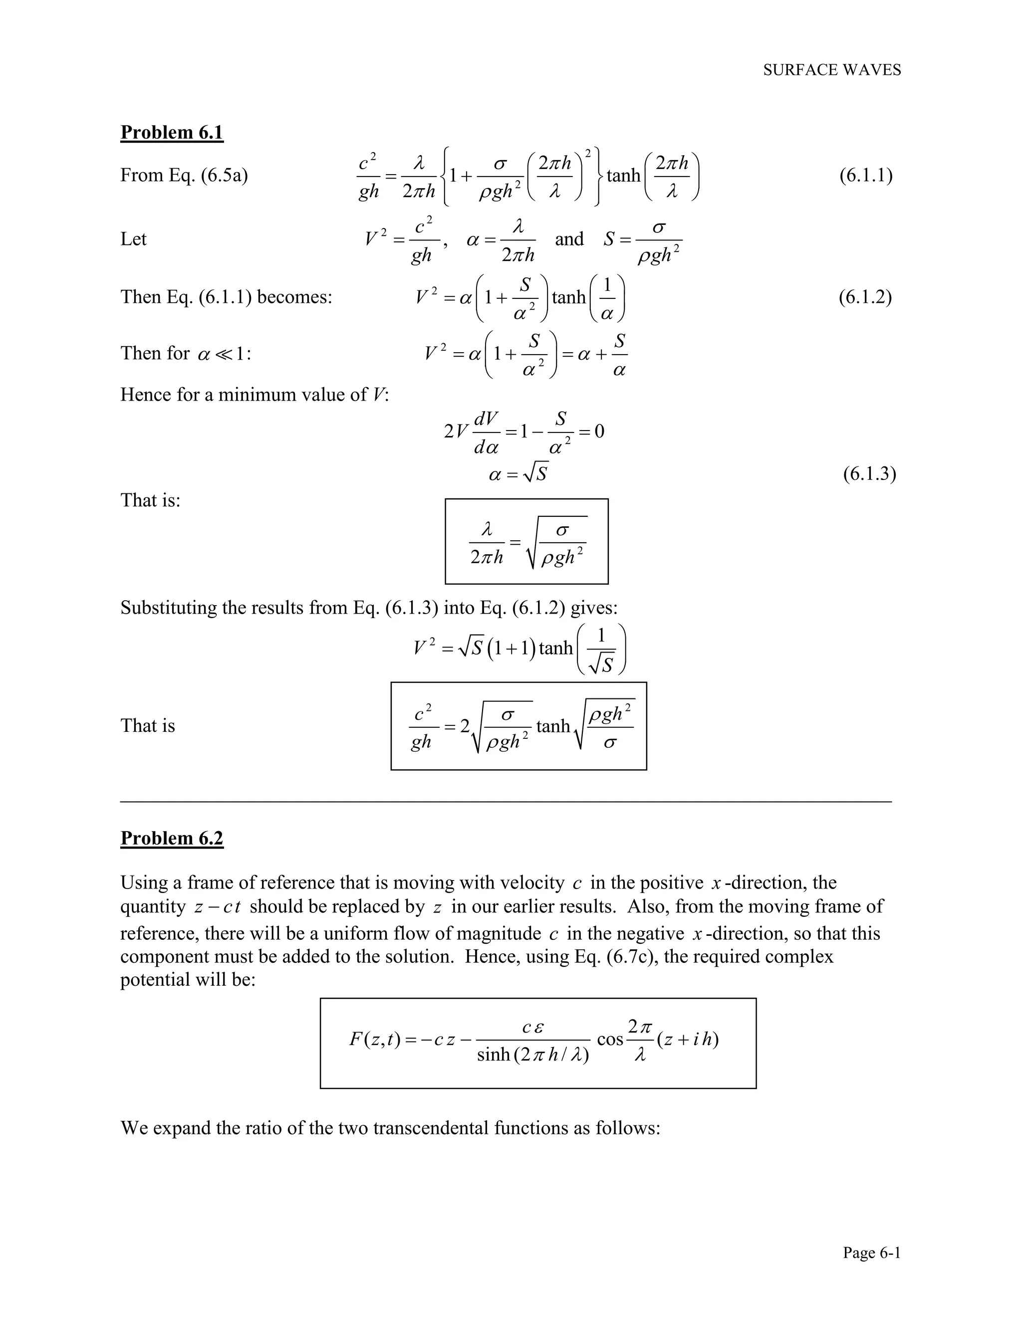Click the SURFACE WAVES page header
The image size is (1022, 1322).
[x=831, y=70]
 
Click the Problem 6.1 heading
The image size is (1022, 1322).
[x=172, y=132]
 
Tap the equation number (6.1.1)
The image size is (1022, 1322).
[x=865, y=176]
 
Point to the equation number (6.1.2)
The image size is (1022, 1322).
[x=865, y=297]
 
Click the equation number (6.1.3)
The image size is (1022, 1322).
[x=869, y=474]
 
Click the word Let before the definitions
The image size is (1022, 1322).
[x=133, y=239]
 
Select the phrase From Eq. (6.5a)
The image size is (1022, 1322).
[x=184, y=176]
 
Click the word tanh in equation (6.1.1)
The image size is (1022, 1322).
[x=623, y=176]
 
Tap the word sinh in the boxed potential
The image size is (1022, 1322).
[x=494, y=1055]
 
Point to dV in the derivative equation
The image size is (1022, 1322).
[x=486, y=418]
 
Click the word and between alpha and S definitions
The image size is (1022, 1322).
[x=569, y=239]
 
